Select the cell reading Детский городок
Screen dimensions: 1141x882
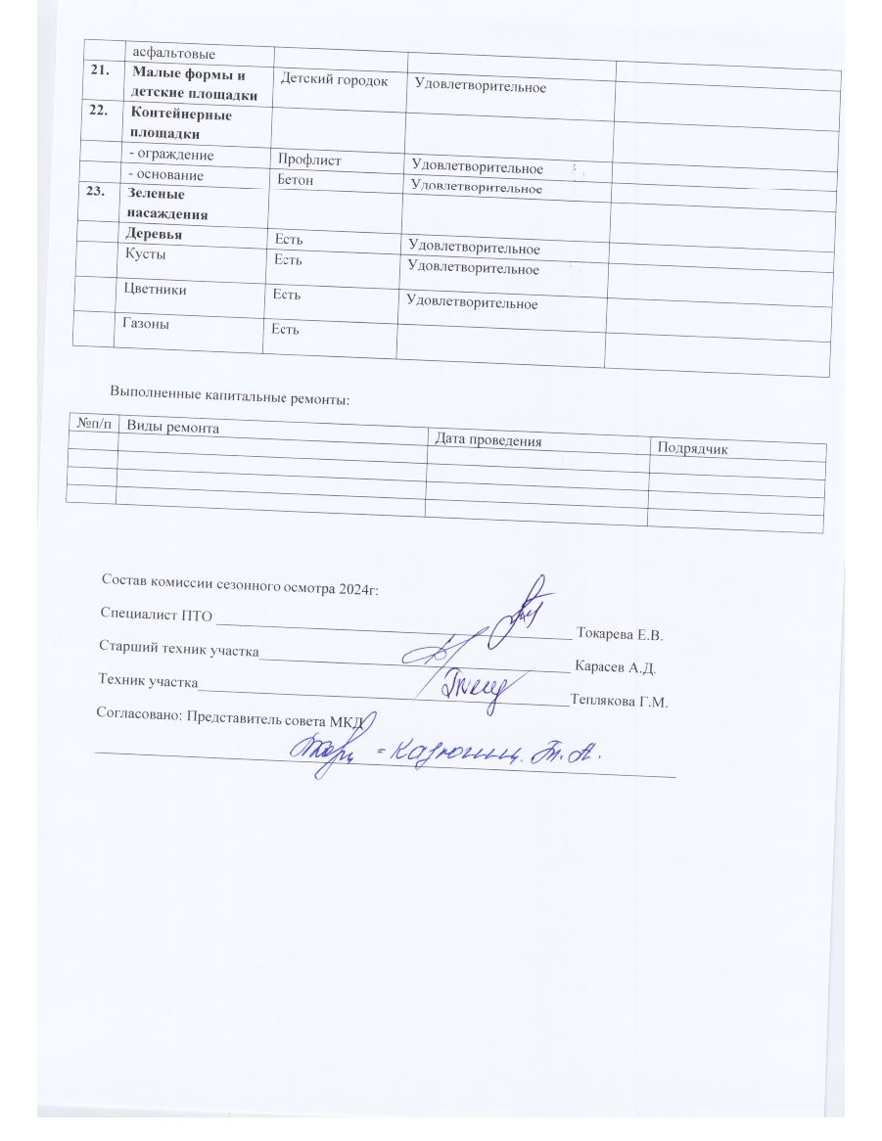click(334, 80)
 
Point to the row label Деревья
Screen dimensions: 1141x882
click(154, 235)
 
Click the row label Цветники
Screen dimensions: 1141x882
click(155, 290)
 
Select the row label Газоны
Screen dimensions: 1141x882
click(144, 324)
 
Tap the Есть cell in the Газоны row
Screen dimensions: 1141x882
click(285, 329)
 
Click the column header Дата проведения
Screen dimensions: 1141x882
click(488, 440)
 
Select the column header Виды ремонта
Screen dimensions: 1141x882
click(173, 428)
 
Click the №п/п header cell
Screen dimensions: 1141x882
click(93, 423)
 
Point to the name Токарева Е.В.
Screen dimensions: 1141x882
click(622, 634)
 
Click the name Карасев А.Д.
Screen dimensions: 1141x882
click(616, 668)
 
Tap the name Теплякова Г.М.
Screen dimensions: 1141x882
click(618, 702)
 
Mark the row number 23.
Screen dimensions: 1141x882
click(98, 192)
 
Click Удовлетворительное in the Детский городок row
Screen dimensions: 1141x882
click(480, 87)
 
